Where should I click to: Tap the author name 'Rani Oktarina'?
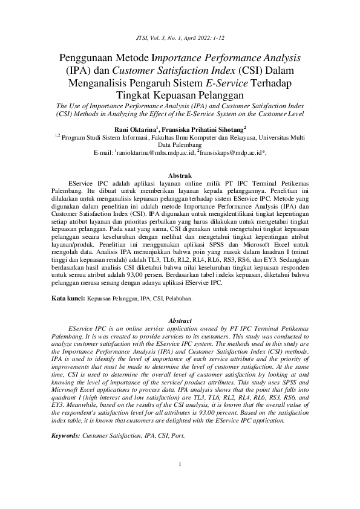134,129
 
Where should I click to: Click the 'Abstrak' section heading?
180,175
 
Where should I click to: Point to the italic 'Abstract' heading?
179,320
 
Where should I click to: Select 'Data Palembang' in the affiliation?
180,145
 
